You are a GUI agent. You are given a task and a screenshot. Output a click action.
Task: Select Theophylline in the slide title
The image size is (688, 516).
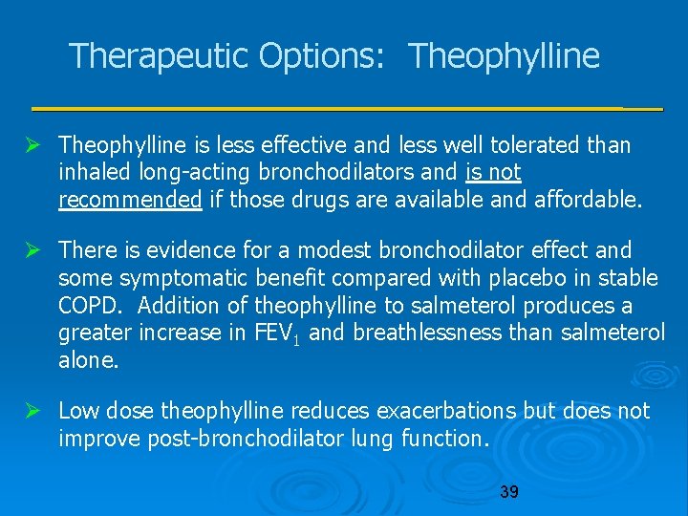point(505,56)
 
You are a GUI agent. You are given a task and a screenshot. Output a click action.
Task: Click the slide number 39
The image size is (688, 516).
point(509,492)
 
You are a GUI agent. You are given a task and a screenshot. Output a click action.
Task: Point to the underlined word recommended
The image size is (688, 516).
point(130,200)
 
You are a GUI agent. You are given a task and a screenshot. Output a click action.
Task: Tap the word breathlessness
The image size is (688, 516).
point(441,333)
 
